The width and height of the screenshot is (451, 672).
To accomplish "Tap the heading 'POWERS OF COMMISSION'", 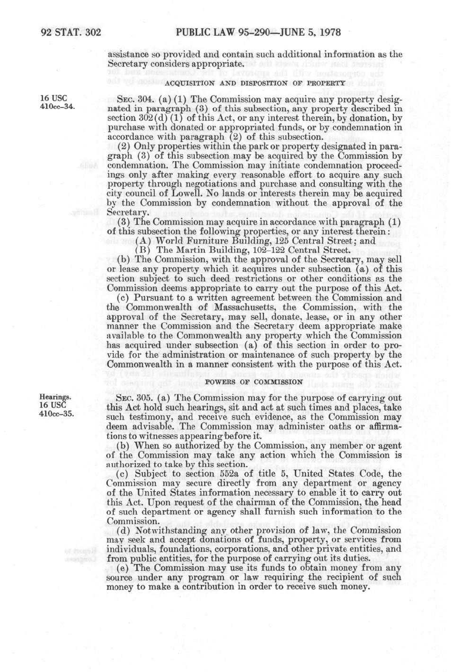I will click(x=253, y=381).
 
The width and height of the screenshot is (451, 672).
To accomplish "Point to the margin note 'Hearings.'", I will click(x=55, y=396).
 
